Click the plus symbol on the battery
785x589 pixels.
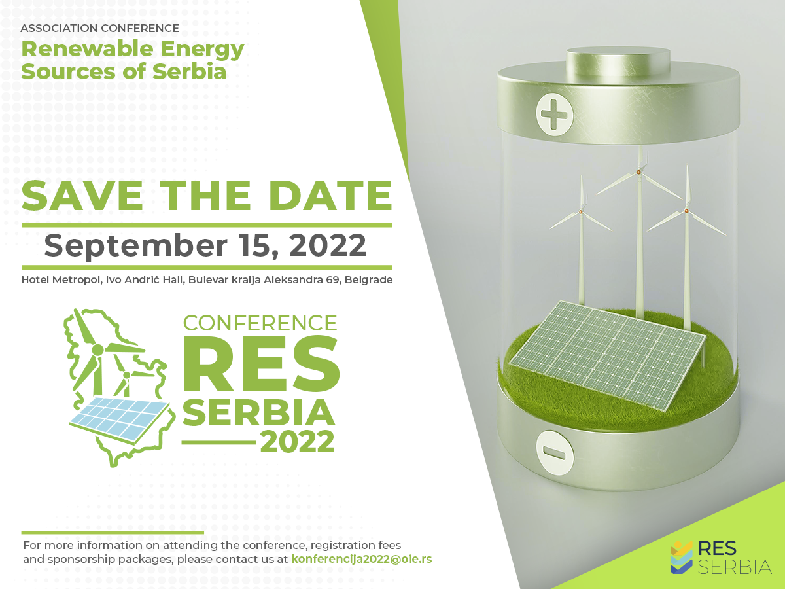click(x=554, y=115)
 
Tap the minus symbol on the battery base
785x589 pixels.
click(x=554, y=453)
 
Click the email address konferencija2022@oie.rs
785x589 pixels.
click(x=362, y=559)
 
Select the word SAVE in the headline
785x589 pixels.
click(x=82, y=196)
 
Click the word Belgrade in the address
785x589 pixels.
click(x=368, y=279)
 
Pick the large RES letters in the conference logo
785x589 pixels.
click(x=261, y=363)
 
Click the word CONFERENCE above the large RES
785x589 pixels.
click(x=260, y=323)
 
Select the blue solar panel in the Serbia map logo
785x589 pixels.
click(x=120, y=420)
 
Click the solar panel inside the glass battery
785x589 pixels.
click(x=607, y=356)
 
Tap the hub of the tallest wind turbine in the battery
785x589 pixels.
click(x=638, y=172)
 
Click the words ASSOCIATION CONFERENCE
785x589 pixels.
click(x=100, y=28)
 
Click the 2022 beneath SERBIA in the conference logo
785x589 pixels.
click(x=298, y=442)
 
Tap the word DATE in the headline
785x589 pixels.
click(x=330, y=196)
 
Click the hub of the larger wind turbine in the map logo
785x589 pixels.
click(x=97, y=349)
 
